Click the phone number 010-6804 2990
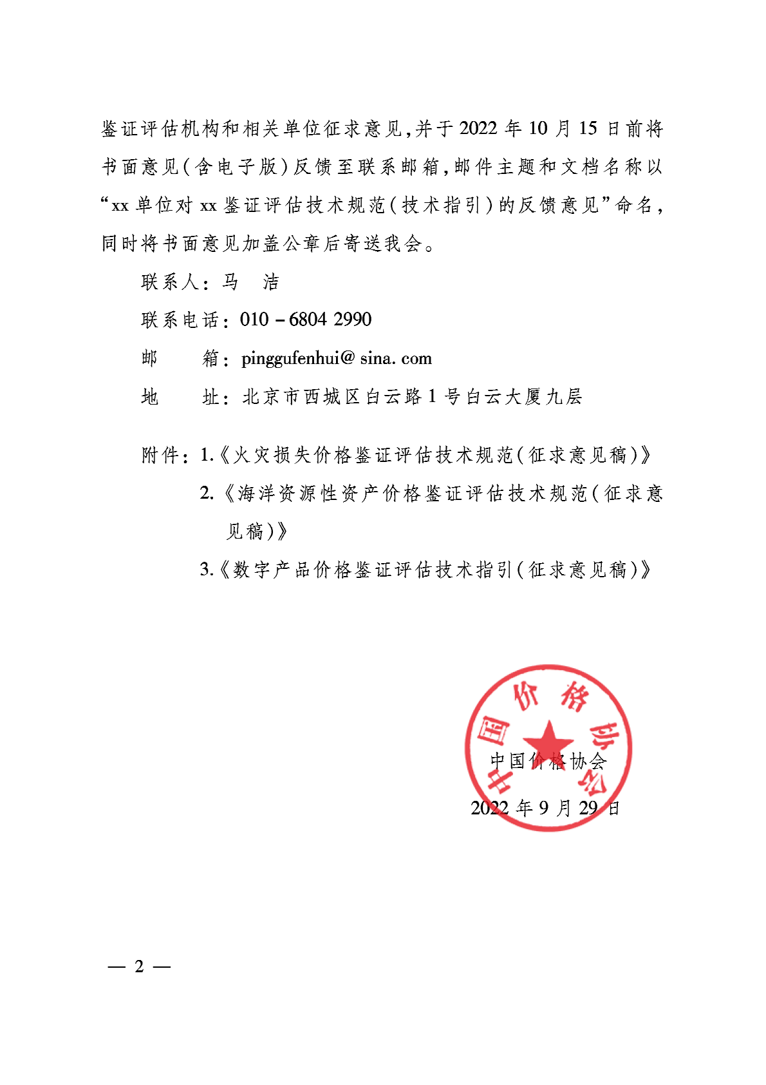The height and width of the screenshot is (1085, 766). coord(306,320)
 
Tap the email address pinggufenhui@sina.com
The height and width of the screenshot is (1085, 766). coord(336,358)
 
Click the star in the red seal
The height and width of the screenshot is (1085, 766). coord(548,738)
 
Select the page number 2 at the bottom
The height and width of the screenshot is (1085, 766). coord(139,966)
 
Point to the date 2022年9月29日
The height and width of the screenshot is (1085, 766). coord(545,808)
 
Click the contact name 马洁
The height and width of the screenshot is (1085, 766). coord(250,282)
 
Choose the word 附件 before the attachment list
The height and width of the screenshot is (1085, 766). coord(160,456)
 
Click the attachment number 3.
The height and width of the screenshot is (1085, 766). coord(205,570)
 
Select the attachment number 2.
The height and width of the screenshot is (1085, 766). coord(206,494)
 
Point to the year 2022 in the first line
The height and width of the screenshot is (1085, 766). coord(478,129)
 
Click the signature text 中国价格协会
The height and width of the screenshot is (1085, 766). coord(548,762)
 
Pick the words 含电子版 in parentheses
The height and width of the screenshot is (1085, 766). coord(235,168)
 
